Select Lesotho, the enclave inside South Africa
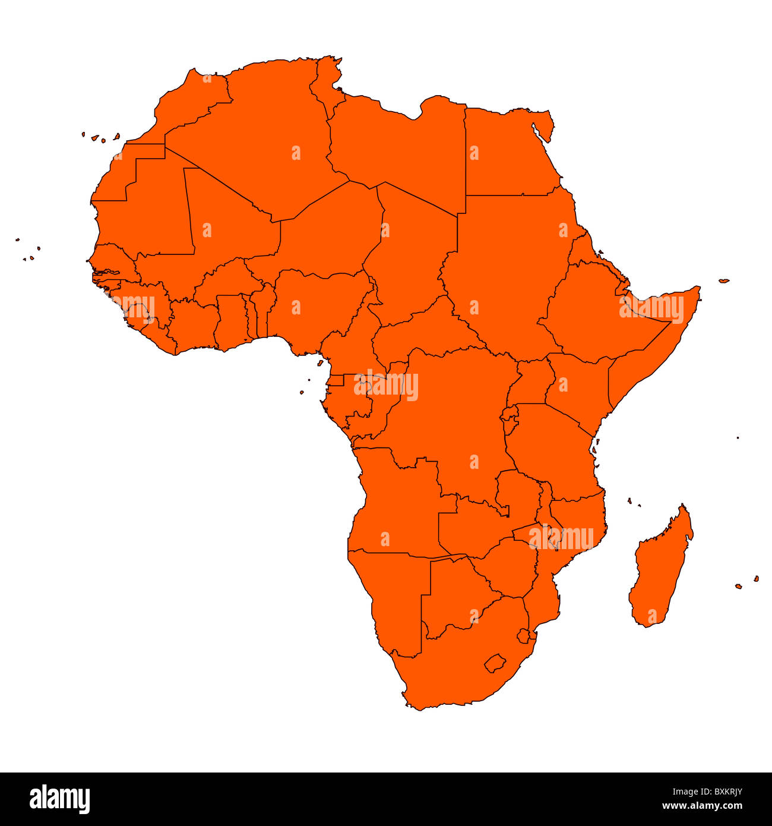[494, 663]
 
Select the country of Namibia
[392, 594]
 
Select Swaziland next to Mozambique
[523, 636]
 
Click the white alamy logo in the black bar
[59, 799]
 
